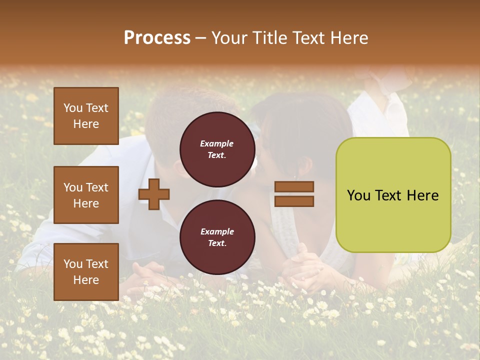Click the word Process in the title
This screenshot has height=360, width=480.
[157, 38]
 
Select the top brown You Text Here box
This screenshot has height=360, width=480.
[86, 116]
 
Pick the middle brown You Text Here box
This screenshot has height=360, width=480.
[86, 195]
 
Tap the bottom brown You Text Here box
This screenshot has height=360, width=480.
[86, 272]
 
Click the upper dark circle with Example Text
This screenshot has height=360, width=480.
[217, 149]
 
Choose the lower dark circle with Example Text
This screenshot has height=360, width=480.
[217, 237]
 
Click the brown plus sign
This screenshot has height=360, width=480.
[154, 194]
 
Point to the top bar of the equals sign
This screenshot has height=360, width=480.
[294, 186]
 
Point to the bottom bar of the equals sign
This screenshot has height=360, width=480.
[294, 201]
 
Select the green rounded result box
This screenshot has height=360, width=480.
[393, 195]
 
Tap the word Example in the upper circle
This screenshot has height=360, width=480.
[217, 144]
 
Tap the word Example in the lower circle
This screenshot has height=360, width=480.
[217, 232]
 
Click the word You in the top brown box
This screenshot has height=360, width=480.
[73, 108]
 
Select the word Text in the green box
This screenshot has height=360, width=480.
[388, 195]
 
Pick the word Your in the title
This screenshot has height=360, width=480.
[228, 38]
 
